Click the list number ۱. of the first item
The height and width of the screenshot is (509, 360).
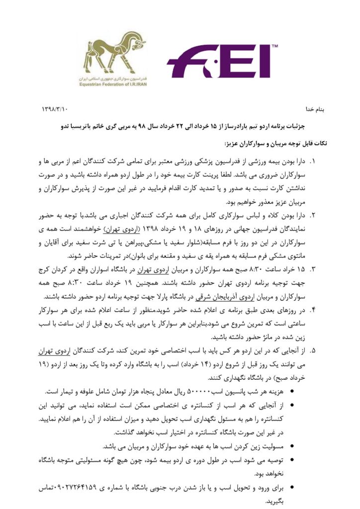[312, 162]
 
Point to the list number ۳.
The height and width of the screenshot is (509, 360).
[312, 269]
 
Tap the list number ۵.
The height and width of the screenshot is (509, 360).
[312, 350]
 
